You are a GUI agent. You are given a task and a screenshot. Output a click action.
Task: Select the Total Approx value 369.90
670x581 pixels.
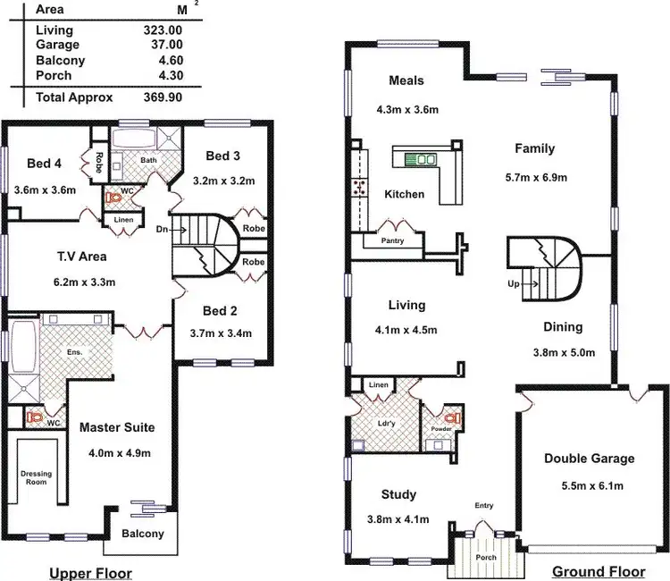[x=162, y=97]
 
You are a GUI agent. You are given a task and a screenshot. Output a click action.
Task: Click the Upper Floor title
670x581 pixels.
[x=90, y=572]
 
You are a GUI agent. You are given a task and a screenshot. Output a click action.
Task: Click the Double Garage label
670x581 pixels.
[x=589, y=459]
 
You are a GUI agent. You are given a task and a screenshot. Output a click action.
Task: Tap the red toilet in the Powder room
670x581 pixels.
[x=449, y=417]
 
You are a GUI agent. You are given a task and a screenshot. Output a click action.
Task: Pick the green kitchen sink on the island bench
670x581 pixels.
[x=420, y=159]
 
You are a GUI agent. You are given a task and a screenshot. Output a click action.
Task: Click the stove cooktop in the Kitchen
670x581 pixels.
[x=359, y=187]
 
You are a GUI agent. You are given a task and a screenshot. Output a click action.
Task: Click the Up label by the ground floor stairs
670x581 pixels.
[x=514, y=283]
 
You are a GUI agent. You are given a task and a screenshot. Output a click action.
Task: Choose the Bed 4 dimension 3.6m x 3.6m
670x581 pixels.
[x=45, y=189]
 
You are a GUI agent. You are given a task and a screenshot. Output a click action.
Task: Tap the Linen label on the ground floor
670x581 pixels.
[x=379, y=385]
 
